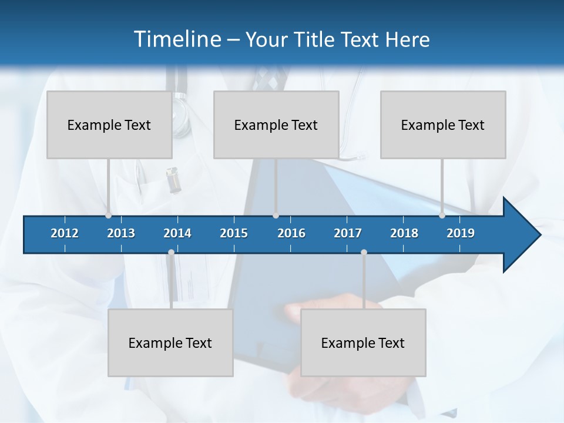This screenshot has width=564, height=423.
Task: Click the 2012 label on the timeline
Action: (x=65, y=233)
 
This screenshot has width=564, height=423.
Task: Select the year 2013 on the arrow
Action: (x=121, y=233)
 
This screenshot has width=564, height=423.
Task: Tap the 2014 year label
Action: (x=177, y=233)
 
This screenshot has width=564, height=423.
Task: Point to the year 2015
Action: (x=234, y=233)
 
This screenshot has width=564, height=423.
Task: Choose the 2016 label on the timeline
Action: (x=291, y=233)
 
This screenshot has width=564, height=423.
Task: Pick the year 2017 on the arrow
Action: (x=348, y=233)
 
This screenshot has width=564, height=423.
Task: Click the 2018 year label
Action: (x=404, y=233)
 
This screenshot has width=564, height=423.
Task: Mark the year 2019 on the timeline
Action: (x=461, y=233)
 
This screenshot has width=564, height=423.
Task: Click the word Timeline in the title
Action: (x=176, y=39)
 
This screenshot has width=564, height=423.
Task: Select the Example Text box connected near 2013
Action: (x=109, y=125)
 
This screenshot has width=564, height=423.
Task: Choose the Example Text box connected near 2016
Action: (x=276, y=125)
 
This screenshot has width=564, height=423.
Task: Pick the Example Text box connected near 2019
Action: (x=443, y=125)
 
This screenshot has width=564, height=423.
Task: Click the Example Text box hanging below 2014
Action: (x=170, y=343)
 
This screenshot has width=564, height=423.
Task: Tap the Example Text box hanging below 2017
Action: (x=363, y=343)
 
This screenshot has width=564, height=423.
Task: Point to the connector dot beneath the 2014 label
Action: (x=171, y=252)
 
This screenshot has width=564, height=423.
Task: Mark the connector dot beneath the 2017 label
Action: (x=364, y=252)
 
